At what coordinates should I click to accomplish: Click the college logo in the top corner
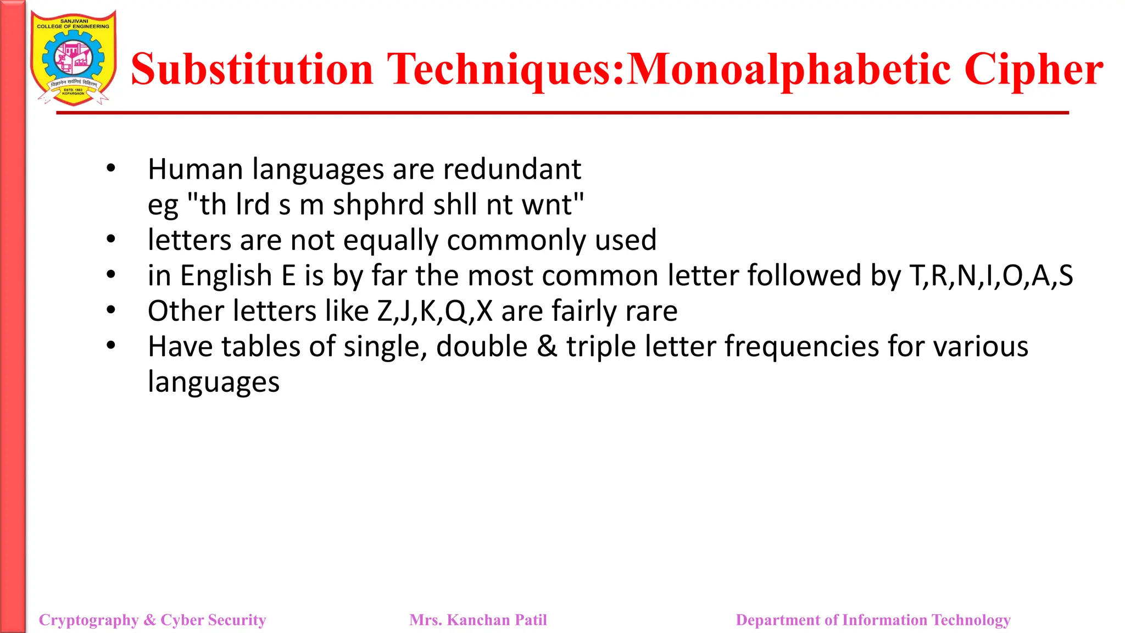pos(73,58)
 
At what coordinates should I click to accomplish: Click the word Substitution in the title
pos(252,69)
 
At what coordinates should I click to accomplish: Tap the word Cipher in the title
pos(1033,69)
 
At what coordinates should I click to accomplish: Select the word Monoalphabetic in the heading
pos(788,69)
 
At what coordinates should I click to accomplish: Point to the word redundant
pos(512,169)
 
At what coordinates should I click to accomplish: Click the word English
pos(226,275)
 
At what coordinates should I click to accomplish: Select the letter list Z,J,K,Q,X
pos(435,311)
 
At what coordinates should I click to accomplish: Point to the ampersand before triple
pos(547,347)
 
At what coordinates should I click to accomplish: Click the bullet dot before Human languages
pos(111,168)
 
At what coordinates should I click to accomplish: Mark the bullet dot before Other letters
pos(111,310)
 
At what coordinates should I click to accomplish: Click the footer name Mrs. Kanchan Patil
pos(478,620)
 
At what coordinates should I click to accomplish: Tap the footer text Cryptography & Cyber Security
pos(152,620)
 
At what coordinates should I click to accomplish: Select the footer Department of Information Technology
pos(873,620)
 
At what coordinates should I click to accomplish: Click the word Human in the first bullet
pos(195,169)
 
